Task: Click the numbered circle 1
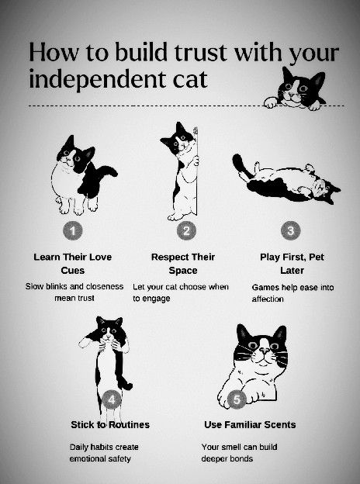pos(73,231)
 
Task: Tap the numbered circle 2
pos(186,230)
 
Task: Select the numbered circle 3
pos(290,230)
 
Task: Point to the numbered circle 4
pos(111,399)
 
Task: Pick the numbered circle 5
pos(237,399)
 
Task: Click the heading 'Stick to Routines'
pos(110,425)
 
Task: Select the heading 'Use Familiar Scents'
pos(250,425)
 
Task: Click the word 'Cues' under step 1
pos(73,271)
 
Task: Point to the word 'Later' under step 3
pos(292,271)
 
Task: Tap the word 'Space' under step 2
pos(183,271)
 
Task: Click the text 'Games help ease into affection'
pos(292,293)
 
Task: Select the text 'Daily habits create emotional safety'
pos(104,453)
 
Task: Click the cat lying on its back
pos(286,178)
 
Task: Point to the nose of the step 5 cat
pos(265,351)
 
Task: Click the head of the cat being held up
pos(109,329)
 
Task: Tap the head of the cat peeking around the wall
pos(178,138)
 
